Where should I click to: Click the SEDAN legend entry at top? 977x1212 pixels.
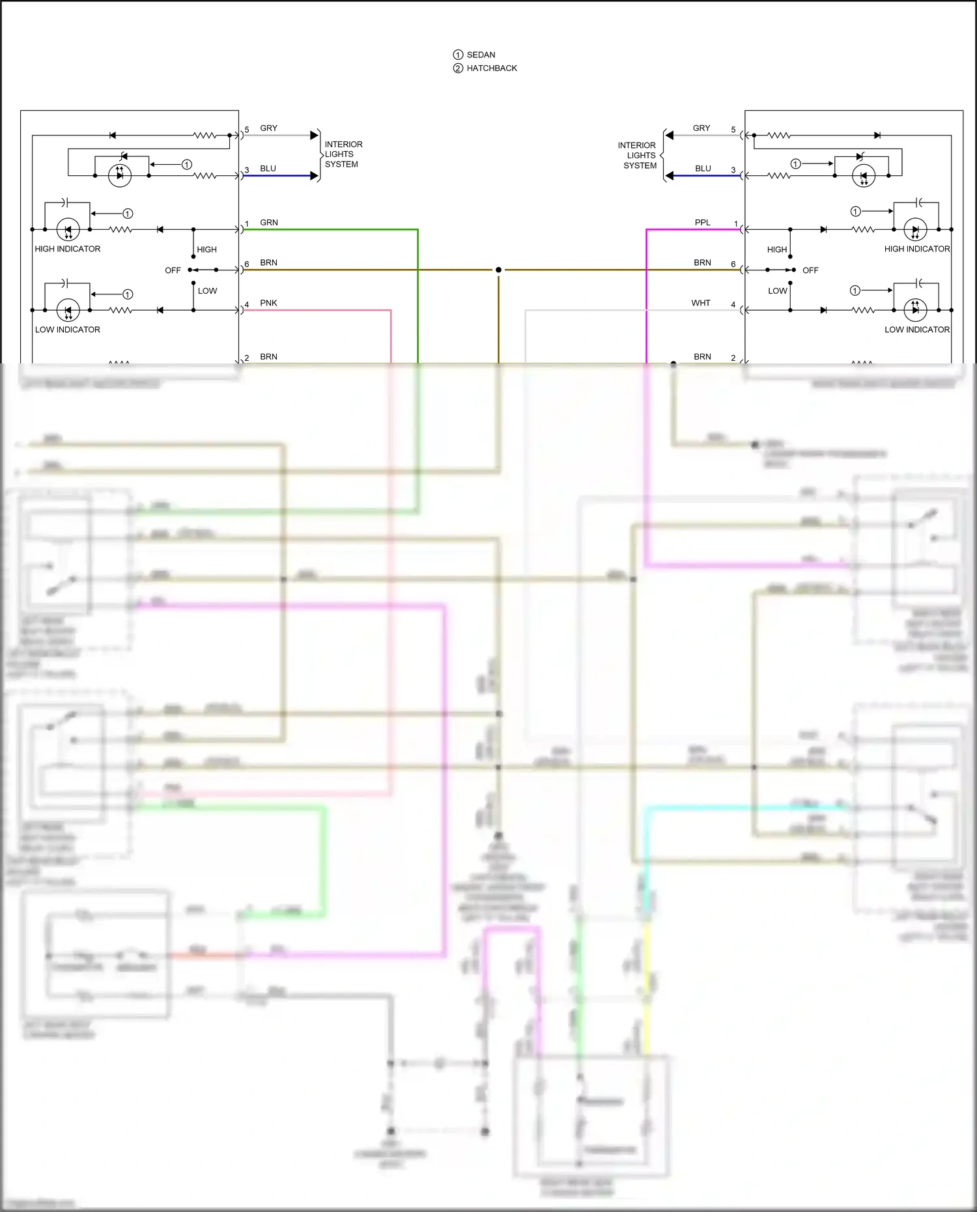480,55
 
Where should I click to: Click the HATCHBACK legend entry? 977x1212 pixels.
491,68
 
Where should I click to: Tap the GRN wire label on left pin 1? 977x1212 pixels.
268,223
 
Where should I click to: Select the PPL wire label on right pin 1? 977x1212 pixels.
702,223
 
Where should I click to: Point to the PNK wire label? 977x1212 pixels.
268,303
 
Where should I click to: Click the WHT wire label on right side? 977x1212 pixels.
701,303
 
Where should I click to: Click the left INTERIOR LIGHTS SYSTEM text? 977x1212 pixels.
343,154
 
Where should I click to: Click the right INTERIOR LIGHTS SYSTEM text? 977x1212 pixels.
638,156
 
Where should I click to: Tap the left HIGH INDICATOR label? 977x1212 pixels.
68,249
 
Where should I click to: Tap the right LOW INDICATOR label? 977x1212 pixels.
916,330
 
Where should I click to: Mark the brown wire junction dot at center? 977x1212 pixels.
498,270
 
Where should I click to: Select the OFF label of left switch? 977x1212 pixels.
173,271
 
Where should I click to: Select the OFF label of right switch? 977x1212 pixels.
810,271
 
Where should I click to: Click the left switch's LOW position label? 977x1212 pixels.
207,291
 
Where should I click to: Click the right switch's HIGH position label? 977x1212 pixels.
776,250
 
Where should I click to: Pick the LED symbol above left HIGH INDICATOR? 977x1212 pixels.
68,229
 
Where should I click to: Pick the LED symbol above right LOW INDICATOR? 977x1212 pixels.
915,309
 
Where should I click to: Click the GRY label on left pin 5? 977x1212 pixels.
268,128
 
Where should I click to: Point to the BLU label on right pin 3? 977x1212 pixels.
703,169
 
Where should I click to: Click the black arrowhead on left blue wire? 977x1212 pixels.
314,176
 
